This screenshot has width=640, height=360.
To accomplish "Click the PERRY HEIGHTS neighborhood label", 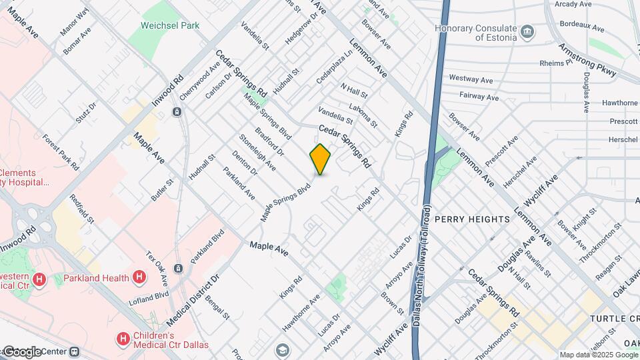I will point(472,219).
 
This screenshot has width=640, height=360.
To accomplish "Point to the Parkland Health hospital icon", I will point(139,276).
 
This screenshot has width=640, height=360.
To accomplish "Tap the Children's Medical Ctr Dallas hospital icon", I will point(123,339).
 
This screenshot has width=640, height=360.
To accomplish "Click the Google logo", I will point(22,351).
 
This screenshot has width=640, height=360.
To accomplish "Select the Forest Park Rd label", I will point(61,152).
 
